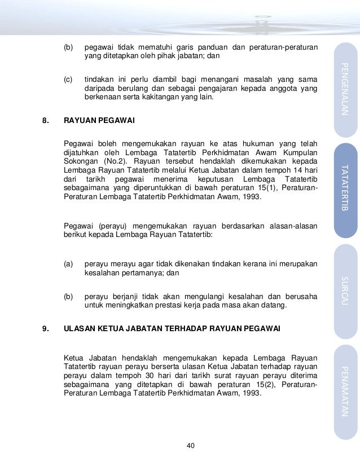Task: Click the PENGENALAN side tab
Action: (345, 90)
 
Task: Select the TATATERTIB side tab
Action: (345, 191)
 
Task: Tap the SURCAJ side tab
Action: (345, 290)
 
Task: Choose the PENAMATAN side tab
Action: (345, 392)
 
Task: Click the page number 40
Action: (191, 446)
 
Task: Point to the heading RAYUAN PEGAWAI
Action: (99, 121)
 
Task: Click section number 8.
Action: (46, 121)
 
